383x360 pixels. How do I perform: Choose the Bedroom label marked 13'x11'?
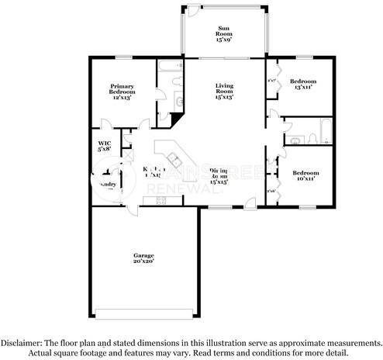click(303, 81)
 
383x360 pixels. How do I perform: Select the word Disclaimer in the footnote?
click(23, 342)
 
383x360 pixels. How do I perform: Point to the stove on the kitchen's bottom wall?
click(161, 201)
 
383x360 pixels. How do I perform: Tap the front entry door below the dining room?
click(250, 206)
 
